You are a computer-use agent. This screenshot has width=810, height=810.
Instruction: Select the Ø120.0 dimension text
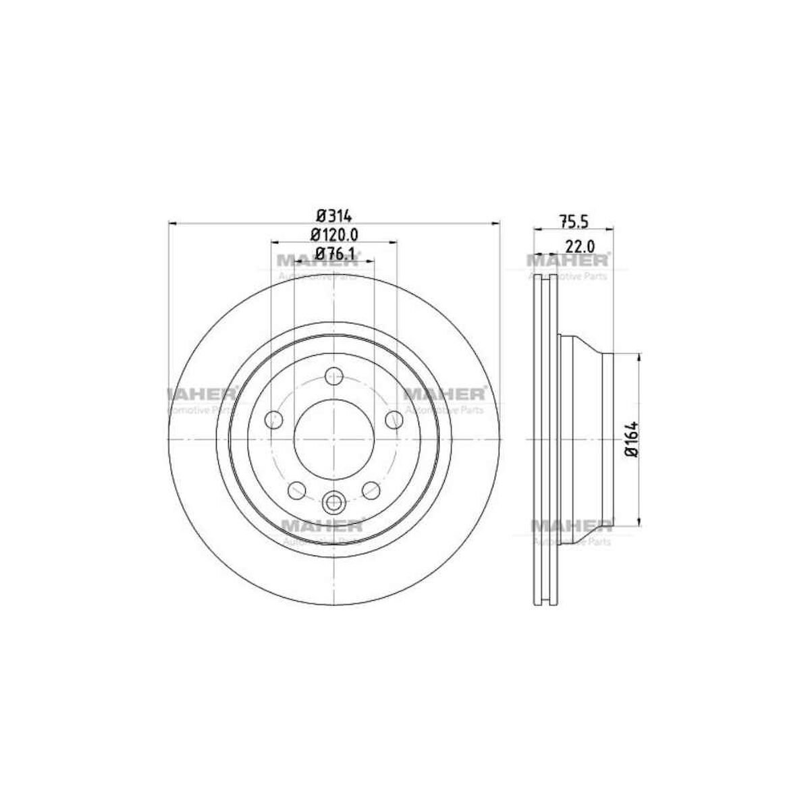click(x=334, y=235)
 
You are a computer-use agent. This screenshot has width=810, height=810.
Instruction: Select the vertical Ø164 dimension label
click(x=631, y=439)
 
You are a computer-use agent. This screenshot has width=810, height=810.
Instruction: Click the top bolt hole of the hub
click(x=334, y=376)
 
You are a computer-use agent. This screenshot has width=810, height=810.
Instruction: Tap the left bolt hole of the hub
click(x=273, y=421)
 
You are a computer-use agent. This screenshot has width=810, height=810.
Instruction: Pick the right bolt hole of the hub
click(x=394, y=420)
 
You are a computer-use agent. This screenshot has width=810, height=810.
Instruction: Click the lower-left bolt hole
click(x=296, y=491)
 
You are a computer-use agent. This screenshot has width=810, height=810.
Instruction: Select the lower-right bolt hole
click(x=371, y=490)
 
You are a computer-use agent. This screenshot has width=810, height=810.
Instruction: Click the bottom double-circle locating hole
click(x=334, y=502)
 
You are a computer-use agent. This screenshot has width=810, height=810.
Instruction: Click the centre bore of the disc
click(x=334, y=439)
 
